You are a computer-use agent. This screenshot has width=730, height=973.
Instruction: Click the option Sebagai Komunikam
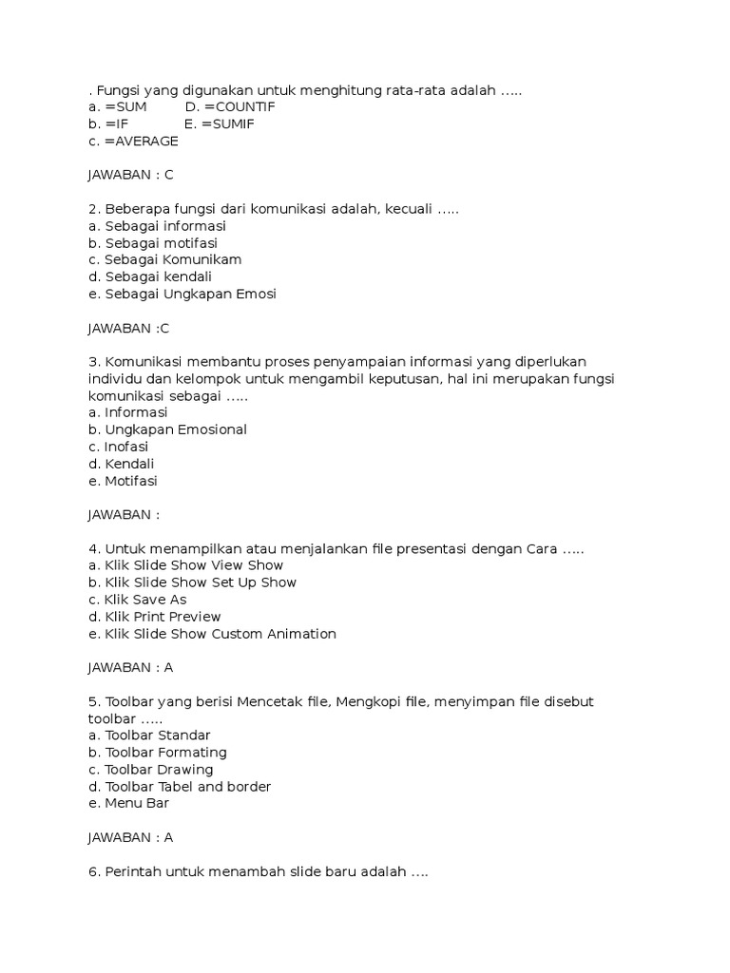click(x=164, y=259)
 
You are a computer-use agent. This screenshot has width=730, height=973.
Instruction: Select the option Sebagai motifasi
click(x=157, y=242)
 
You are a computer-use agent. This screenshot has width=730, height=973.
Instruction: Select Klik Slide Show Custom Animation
click(x=212, y=634)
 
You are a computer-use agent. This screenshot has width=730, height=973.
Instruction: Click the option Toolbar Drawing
click(x=150, y=770)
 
